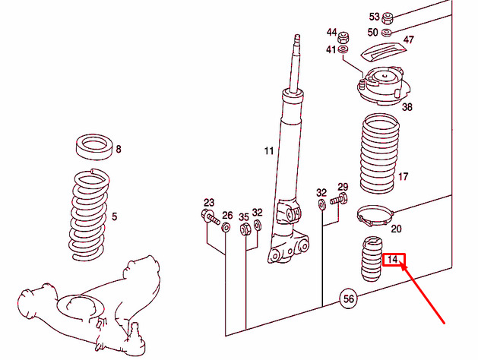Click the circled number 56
point(348,299)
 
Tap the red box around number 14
point(393,260)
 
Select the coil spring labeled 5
point(93,216)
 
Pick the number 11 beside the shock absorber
point(269,151)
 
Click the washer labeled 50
point(387,32)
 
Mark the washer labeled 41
point(343,50)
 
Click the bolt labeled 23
point(212,217)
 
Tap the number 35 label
point(244,216)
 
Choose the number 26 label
point(227,216)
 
